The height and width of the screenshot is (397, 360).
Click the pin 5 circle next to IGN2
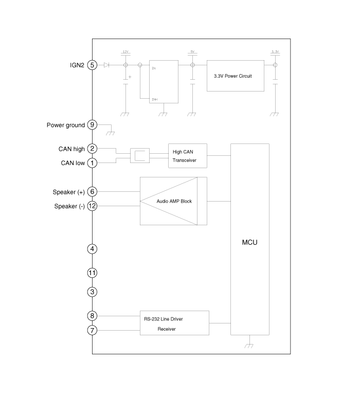pos(92,65)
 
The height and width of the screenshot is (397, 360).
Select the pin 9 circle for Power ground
pos(92,125)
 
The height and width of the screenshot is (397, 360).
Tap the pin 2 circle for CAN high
pos(92,149)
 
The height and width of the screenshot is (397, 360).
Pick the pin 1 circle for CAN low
pos(92,163)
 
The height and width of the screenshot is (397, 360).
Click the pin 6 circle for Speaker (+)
pos(92,192)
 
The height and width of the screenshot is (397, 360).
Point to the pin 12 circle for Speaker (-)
pos(92,206)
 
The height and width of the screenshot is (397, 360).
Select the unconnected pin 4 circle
pos(92,249)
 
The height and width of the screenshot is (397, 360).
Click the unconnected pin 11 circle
pos(92,273)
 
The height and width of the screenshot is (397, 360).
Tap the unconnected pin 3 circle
pos(92,292)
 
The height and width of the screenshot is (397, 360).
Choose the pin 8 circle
pos(92,316)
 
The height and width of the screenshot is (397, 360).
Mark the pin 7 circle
pos(92,330)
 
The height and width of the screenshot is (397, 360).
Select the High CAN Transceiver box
pos(188,156)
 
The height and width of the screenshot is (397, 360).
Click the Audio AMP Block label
pos(174,201)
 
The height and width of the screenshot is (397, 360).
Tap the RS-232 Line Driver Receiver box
pos(174,323)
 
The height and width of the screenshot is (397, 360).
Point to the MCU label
pos(249,241)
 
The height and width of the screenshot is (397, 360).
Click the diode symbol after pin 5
pos(106,65)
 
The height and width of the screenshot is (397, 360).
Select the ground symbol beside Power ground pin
pos(110,132)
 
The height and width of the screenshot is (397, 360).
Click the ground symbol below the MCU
pos(249,345)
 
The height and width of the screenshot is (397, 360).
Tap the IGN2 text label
pos(77,65)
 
